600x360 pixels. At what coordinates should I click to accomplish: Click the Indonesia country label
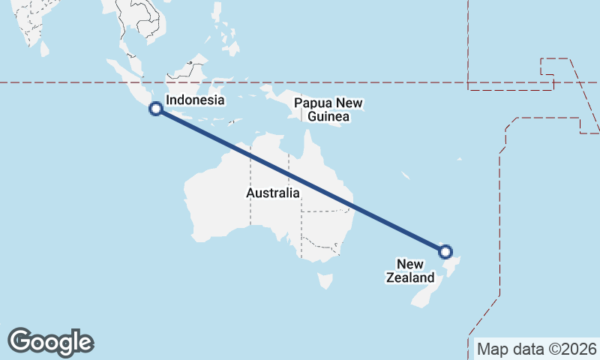(x=195, y=100)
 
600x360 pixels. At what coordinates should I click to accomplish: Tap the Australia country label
(x=273, y=193)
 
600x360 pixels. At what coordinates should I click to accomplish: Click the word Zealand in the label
(x=409, y=277)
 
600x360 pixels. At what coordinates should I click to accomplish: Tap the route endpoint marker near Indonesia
(x=156, y=109)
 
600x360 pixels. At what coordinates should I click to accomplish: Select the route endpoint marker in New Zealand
(x=445, y=252)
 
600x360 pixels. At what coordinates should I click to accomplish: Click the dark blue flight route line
(x=300, y=180)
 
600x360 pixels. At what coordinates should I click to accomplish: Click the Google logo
(x=50, y=341)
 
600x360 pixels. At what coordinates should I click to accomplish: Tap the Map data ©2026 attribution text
(x=536, y=349)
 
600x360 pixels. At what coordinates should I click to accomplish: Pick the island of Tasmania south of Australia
(x=325, y=280)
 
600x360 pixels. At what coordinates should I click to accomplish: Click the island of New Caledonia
(x=405, y=176)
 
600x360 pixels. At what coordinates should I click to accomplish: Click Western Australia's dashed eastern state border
(x=250, y=187)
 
